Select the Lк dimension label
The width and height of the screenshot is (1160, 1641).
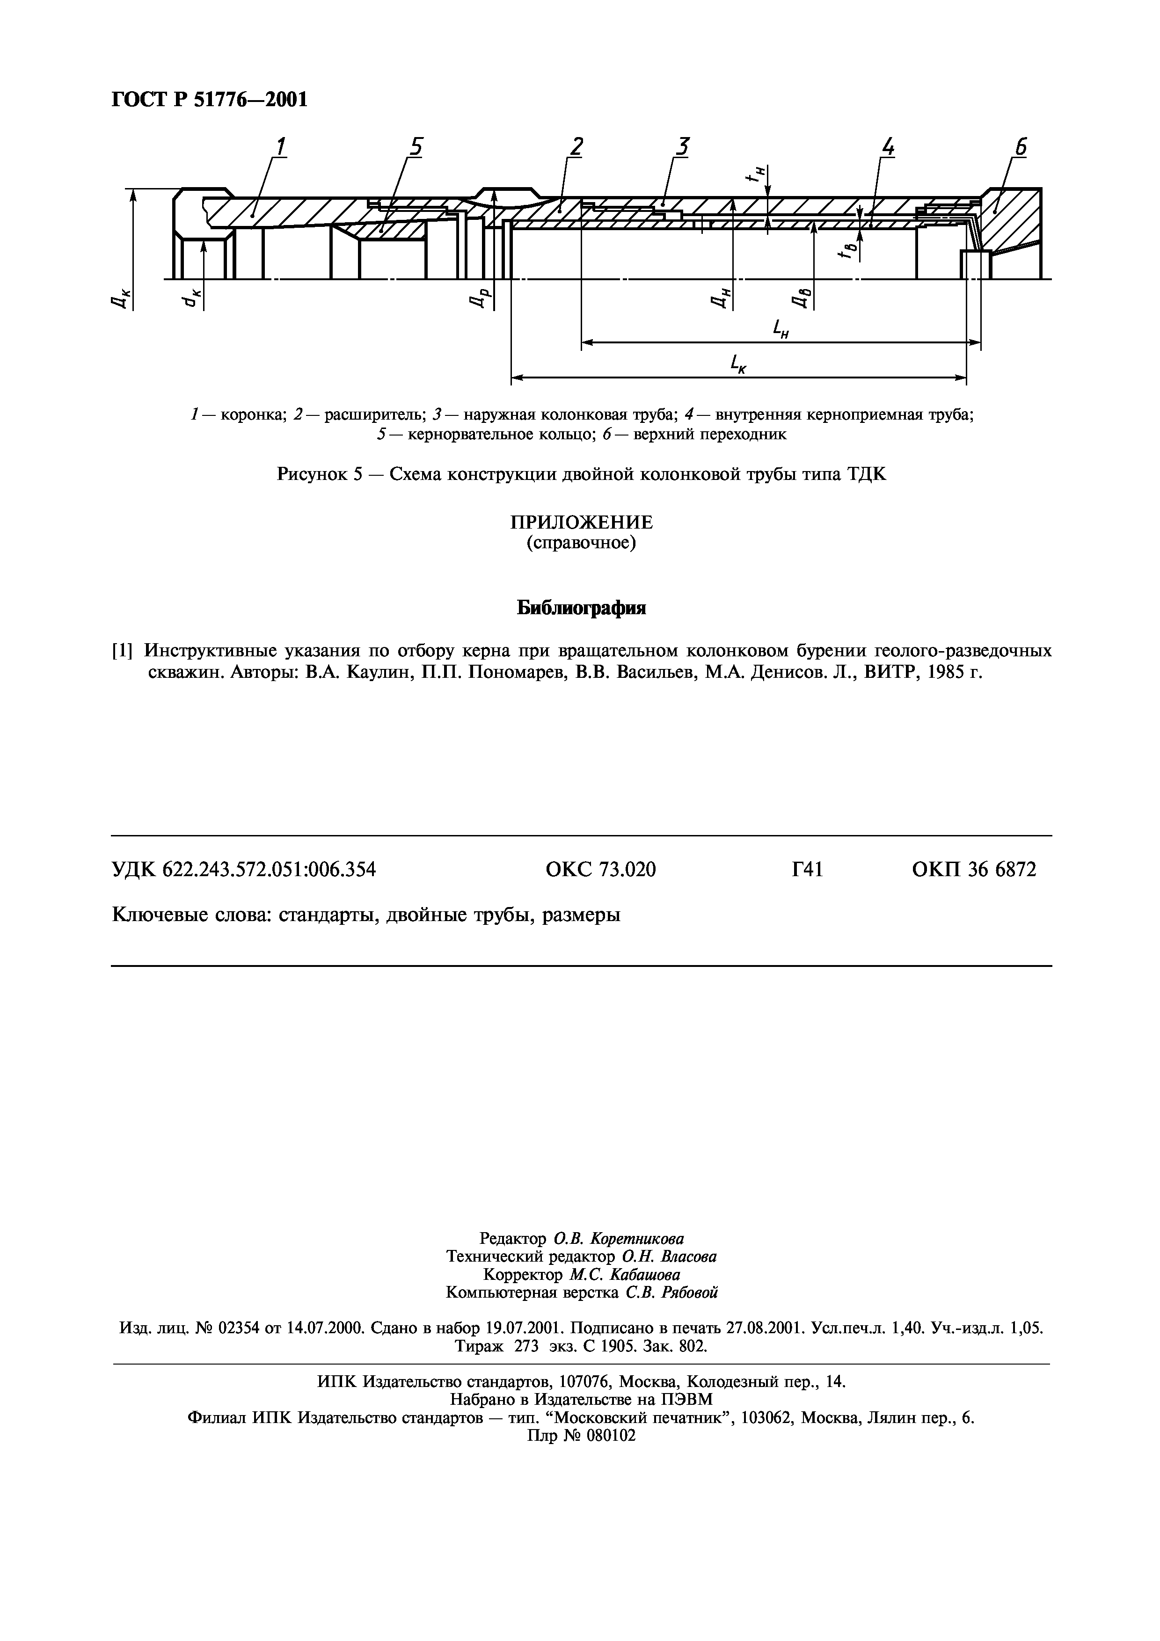click(738, 365)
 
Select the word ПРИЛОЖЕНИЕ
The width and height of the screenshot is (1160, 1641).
click(581, 523)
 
